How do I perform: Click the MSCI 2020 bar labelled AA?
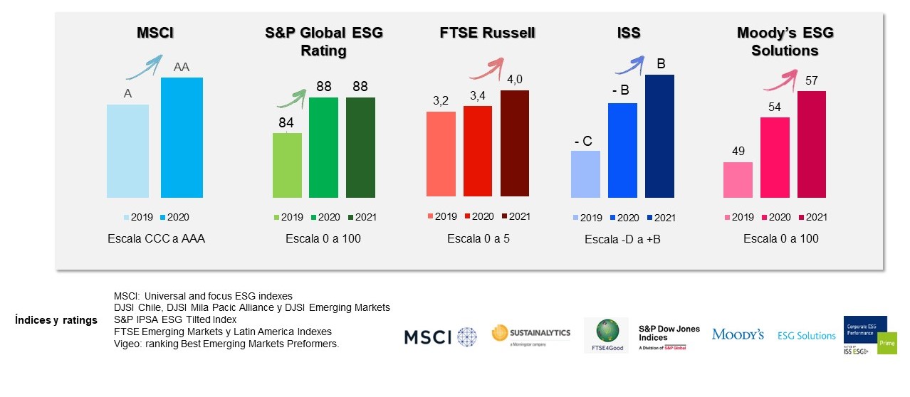click(x=182, y=137)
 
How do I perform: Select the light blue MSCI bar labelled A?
click(x=127, y=150)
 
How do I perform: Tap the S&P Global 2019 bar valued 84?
click(x=287, y=165)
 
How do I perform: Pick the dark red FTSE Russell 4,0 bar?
click(x=515, y=143)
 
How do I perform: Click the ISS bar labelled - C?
click(x=586, y=174)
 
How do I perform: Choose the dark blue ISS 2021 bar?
click(x=659, y=136)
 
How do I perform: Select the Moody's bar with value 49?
click(x=738, y=179)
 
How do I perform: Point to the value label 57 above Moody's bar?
click(x=812, y=80)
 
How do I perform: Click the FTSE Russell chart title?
click(x=487, y=33)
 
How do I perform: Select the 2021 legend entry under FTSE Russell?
click(x=514, y=216)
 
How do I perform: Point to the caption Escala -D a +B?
click(x=623, y=240)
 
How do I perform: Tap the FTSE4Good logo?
click(x=605, y=335)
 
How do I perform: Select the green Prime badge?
click(x=887, y=342)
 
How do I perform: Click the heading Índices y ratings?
click(x=56, y=320)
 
